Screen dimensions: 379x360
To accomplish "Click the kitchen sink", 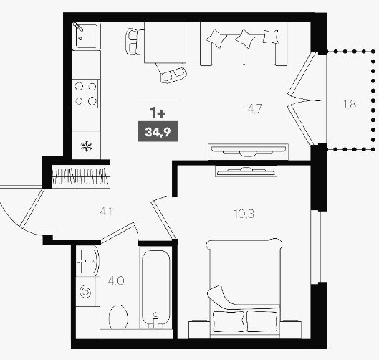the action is tap(87, 36).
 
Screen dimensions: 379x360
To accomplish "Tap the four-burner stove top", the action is tap(85, 94).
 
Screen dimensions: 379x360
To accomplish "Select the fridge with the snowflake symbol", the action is tap(86, 145).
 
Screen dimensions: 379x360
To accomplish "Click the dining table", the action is tap(165, 42).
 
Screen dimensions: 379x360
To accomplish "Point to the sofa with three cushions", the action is tap(244, 44).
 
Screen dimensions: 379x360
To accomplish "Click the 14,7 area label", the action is tap(253, 108).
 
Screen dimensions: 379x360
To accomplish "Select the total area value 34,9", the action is tap(158, 132).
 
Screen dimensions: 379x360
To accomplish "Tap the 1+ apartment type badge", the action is tap(158, 113).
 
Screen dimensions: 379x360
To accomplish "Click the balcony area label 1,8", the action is tap(350, 104).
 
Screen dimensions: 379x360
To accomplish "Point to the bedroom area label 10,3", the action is tap(244, 214).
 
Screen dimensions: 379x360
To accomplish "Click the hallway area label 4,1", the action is tap(106, 212).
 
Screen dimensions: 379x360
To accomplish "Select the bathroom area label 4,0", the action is tap(116, 281).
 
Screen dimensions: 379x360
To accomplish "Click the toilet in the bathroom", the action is tap(118, 318).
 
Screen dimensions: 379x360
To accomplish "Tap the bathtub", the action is tap(156, 289).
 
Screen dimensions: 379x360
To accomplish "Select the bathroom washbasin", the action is tap(88, 261).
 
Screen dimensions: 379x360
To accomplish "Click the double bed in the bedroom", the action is tap(244, 288).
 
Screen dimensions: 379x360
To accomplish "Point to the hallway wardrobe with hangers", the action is tap(81, 176).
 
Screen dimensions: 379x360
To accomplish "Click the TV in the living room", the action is tap(248, 151).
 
